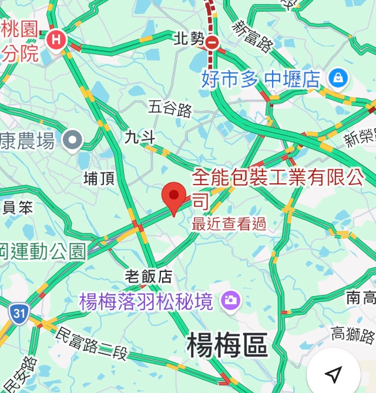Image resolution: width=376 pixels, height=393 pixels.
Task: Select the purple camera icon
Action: (230, 301)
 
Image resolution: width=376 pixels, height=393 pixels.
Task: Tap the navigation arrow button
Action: (333, 374)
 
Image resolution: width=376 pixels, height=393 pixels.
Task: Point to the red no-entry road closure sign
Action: (214, 42)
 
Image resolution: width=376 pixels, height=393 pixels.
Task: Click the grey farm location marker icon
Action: (73, 140)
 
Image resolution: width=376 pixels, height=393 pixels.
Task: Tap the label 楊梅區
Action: (227, 345)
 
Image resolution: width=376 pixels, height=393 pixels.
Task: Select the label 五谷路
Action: (170, 108)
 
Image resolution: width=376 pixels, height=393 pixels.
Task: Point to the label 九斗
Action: (140, 137)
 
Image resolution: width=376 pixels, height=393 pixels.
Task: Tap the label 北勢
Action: (189, 40)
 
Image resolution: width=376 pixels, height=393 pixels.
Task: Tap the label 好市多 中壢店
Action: (260, 78)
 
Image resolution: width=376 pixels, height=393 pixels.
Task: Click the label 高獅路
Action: (353, 335)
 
